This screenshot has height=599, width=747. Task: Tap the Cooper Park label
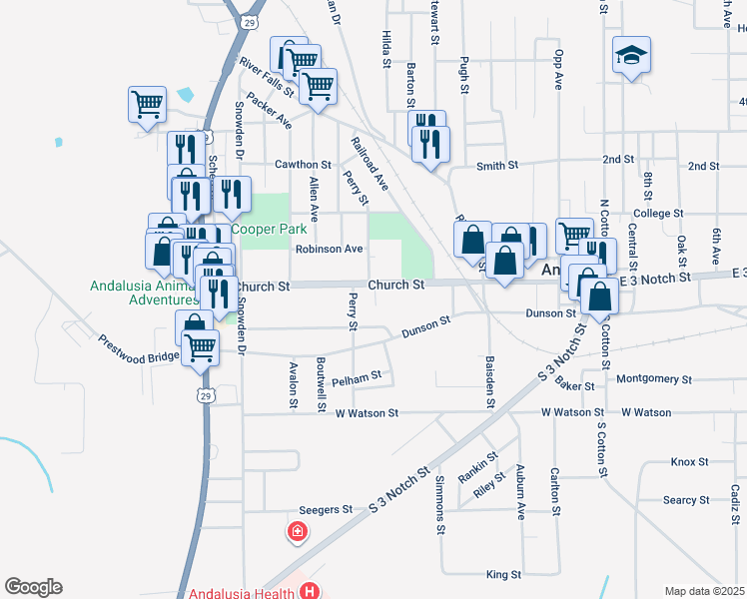270,229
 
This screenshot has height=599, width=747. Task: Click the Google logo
32,587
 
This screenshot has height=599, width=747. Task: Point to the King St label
503,575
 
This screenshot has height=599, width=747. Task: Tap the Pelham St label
357,377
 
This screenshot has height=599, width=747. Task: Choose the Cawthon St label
302,164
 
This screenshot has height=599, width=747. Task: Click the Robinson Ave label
329,249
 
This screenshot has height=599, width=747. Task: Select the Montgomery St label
654,379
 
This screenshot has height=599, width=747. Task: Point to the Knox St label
689,462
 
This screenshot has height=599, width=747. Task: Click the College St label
658,214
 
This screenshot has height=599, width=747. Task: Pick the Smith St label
497,165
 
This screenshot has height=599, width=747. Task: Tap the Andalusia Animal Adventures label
145,292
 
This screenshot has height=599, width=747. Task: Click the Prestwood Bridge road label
138,348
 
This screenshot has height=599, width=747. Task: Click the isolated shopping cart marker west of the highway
147,105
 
